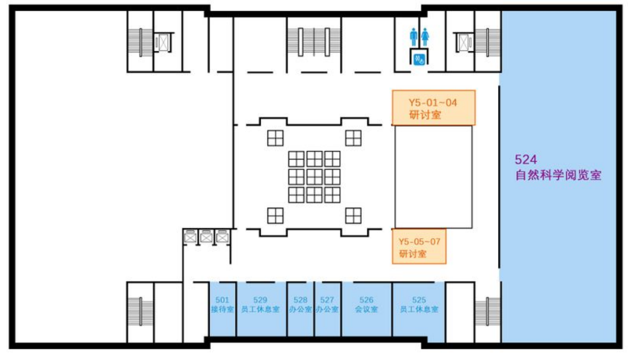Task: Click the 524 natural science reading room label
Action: (x=558, y=168)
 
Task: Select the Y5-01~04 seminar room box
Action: (x=434, y=107)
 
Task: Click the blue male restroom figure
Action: (x=413, y=37)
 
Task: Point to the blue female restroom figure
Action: (x=425, y=37)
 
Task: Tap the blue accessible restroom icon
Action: (x=419, y=58)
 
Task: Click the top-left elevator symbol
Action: (x=163, y=42)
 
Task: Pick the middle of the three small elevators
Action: (x=207, y=237)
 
